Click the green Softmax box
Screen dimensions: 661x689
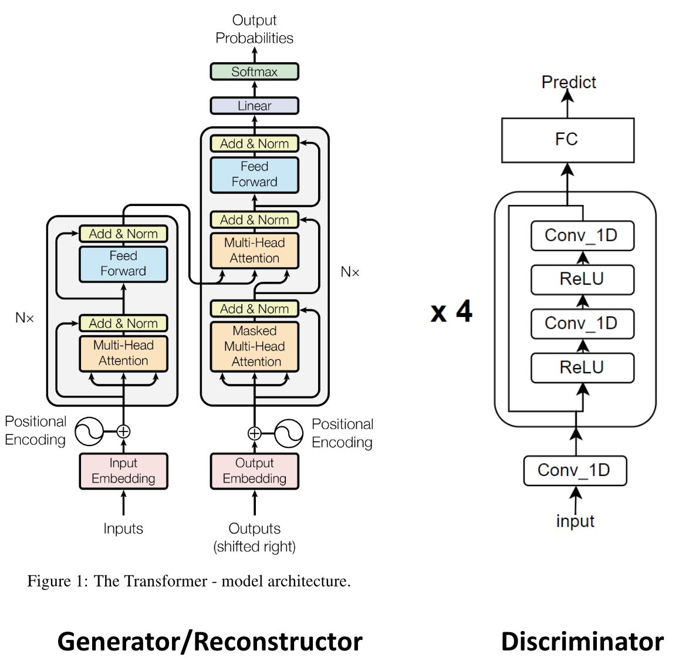tap(254, 72)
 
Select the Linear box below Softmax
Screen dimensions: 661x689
tap(254, 106)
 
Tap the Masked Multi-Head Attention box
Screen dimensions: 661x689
tap(254, 346)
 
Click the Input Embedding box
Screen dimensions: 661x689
tap(123, 471)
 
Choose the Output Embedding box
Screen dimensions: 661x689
tap(254, 471)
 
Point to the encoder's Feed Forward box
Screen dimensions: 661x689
tap(123, 264)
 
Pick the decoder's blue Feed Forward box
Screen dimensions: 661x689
tap(254, 174)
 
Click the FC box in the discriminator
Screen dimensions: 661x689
tap(568, 140)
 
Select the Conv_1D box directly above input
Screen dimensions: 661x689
tap(575, 471)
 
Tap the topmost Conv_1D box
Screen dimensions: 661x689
tap(582, 235)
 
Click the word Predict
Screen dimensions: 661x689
tap(568, 82)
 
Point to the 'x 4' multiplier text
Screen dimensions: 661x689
tap(451, 311)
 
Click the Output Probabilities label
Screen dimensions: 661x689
tap(254, 29)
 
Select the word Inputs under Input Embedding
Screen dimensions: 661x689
tap(123, 528)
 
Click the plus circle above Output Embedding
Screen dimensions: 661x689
tap(254, 433)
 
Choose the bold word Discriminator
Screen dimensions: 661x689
tap(582, 641)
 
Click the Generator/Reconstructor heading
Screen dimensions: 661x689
tap(210, 641)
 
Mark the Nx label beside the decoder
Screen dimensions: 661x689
tap(350, 272)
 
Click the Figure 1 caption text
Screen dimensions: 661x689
tap(189, 581)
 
